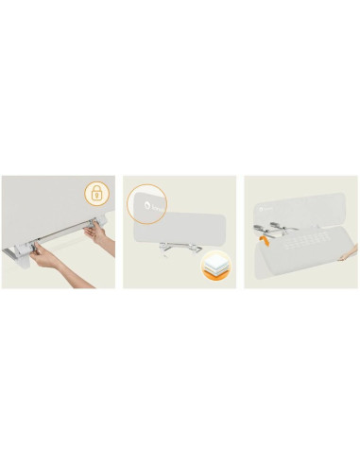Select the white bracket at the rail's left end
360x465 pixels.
coord(20,252)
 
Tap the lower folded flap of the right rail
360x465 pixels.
coord(302,260)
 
